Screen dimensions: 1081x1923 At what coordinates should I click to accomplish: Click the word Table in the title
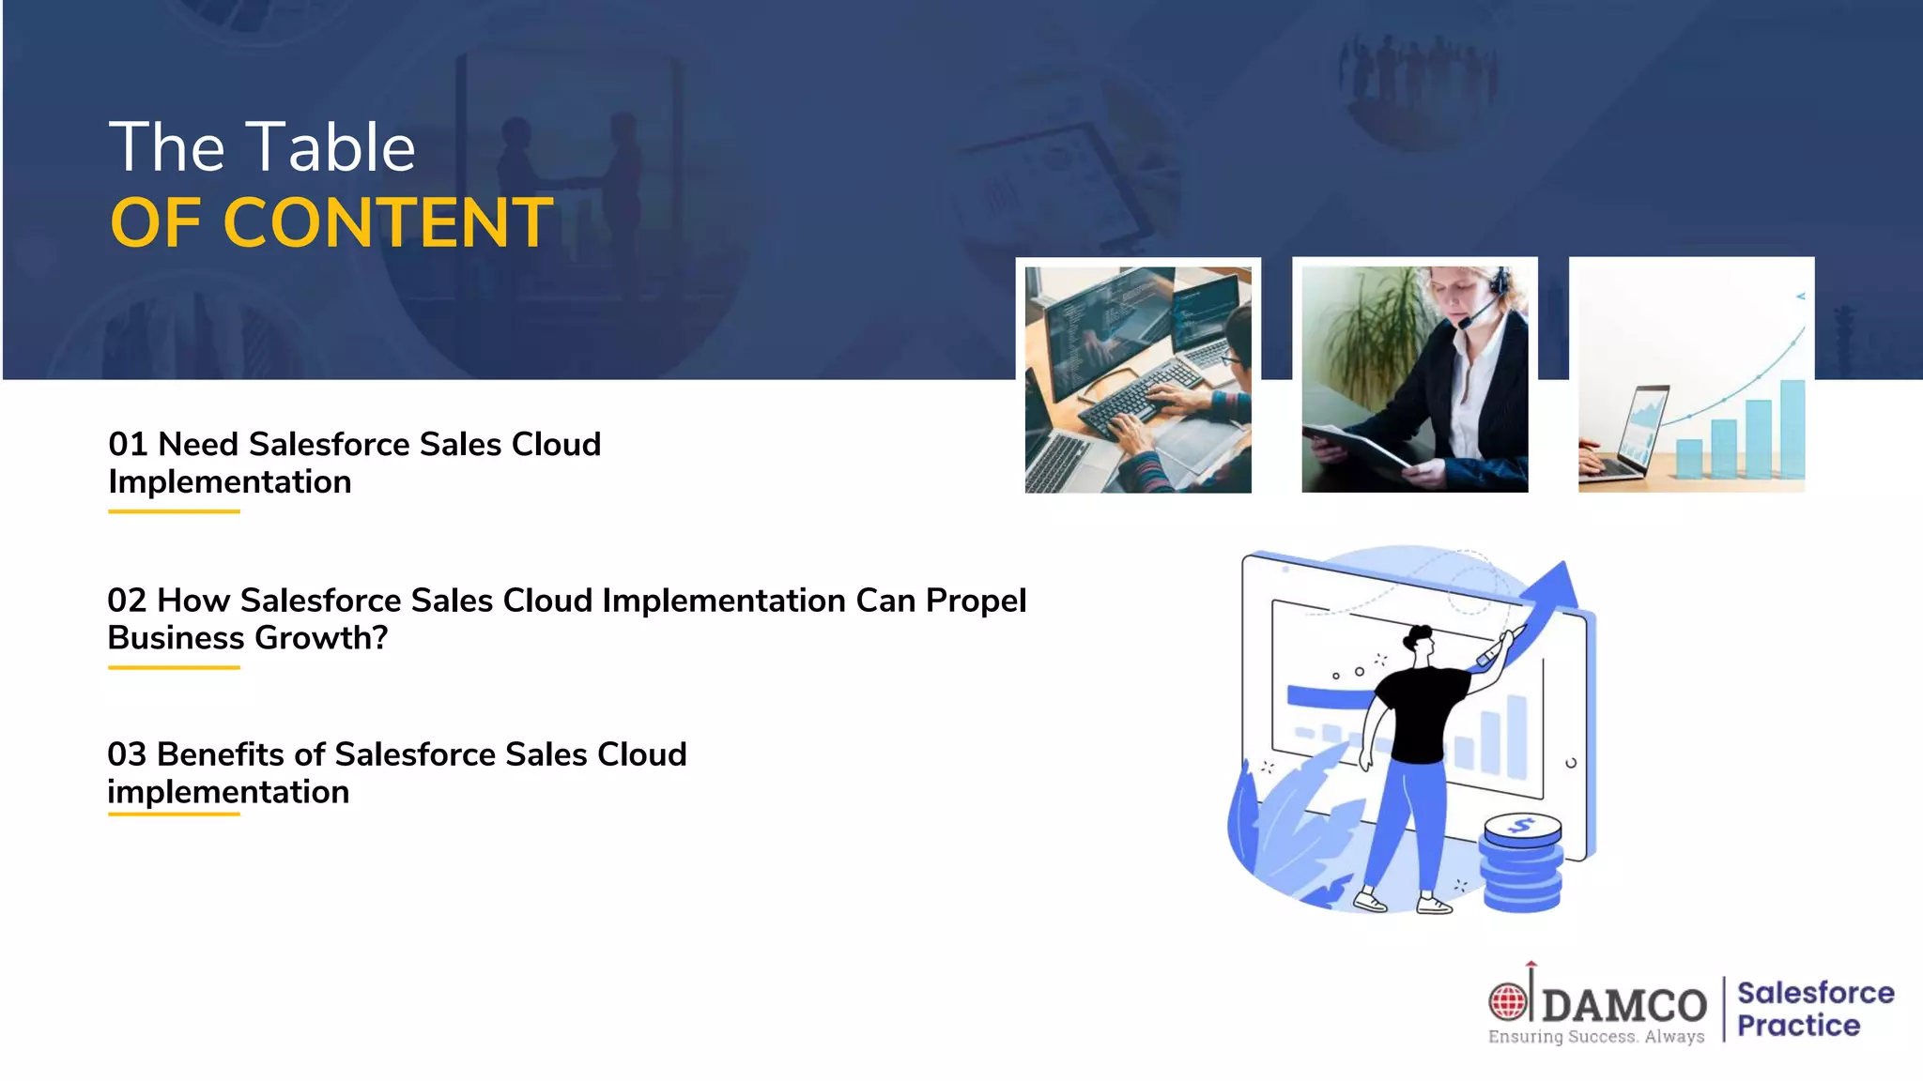point(334,147)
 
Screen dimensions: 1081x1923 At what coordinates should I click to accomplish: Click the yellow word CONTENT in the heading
point(388,223)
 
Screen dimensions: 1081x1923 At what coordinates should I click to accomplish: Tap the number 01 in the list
point(128,444)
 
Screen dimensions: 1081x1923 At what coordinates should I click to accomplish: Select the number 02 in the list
point(127,600)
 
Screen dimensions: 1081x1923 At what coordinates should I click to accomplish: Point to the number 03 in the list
point(127,754)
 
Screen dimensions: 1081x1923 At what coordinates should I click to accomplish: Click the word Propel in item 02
point(976,601)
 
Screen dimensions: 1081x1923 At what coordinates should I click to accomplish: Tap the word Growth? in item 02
point(321,638)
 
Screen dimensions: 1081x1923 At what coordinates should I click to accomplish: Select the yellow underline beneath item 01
point(174,511)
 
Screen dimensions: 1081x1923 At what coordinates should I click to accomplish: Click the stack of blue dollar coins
point(1522,863)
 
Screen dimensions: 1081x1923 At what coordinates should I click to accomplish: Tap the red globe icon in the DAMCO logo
point(1508,1001)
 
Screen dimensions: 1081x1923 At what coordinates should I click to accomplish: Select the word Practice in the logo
point(1798,1026)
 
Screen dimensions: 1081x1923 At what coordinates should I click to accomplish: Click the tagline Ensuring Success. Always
point(1596,1037)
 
